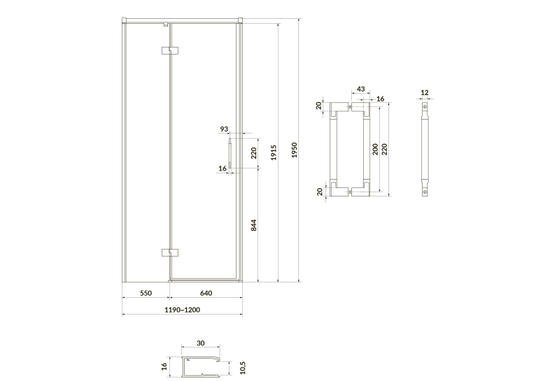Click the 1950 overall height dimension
coord(295,150)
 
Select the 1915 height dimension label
coord(274,152)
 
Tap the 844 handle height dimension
coord(253,225)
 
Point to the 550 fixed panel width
coord(146,293)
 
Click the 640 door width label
coord(206,293)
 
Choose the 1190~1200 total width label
coord(182,310)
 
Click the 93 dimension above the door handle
coord(224,129)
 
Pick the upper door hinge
coord(170,50)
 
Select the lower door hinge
coord(170,252)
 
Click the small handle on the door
coord(230,153)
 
